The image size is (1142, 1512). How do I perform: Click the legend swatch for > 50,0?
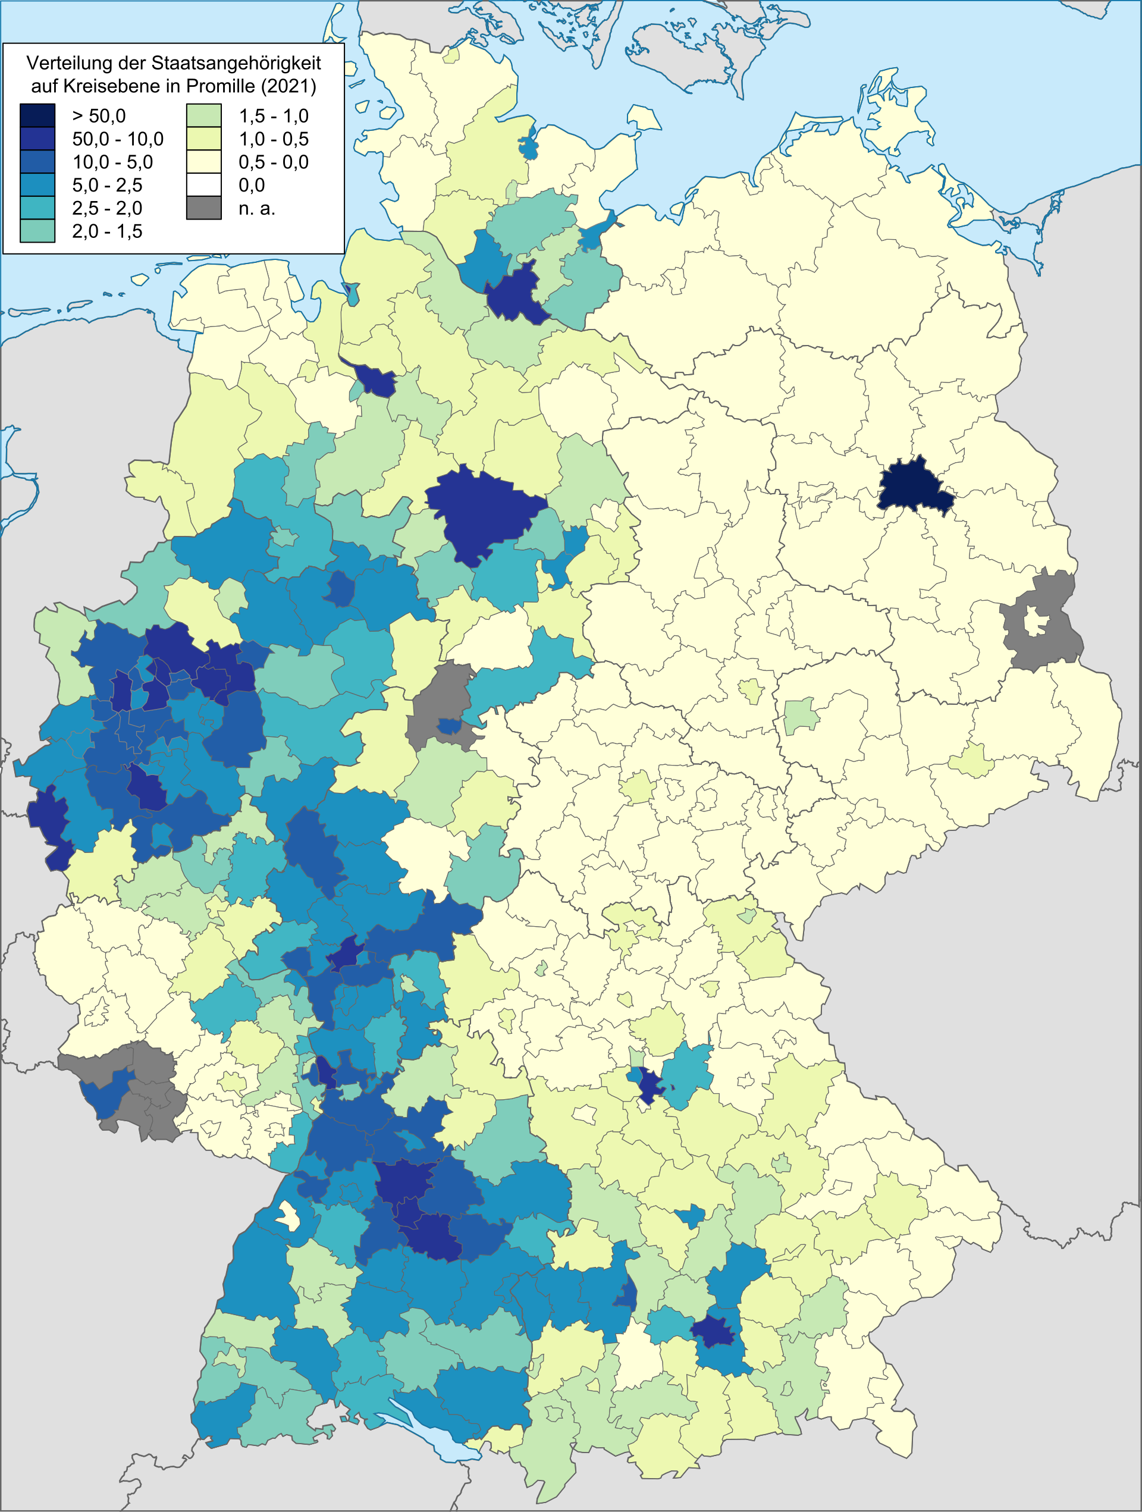pos(37,115)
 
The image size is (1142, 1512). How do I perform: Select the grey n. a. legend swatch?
pos(203,208)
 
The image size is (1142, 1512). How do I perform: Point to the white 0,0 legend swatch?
pos(203,184)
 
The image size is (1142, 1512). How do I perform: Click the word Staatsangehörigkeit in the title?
pos(235,64)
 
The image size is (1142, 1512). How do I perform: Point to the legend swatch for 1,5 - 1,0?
pos(203,115)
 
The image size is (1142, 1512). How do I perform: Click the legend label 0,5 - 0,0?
pos(274,162)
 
